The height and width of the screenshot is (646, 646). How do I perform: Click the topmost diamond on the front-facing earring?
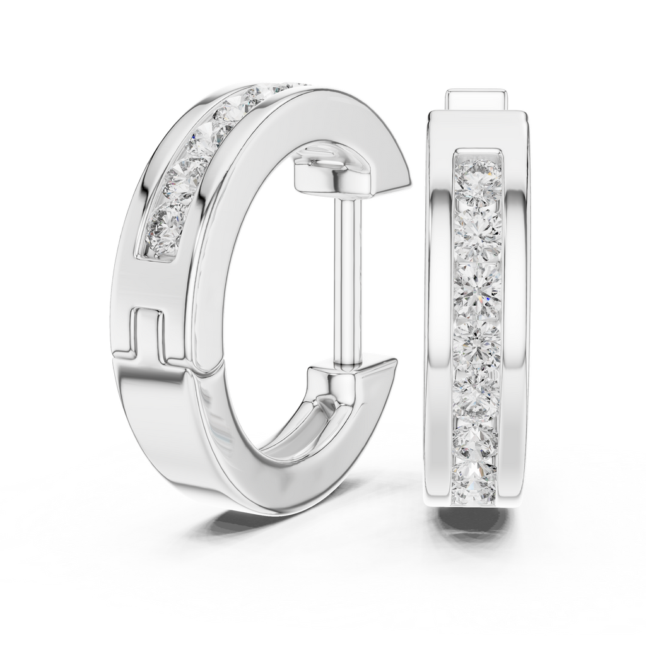tap(478, 177)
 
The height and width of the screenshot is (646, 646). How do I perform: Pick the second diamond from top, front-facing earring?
tap(478, 231)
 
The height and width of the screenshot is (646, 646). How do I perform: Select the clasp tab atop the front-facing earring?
tap(477, 100)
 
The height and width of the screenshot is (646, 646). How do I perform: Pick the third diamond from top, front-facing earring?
tap(478, 288)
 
